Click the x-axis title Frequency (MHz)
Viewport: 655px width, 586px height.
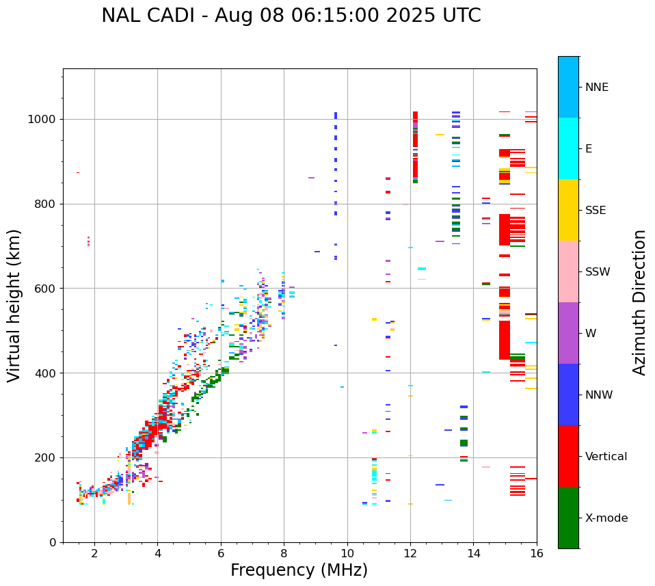point(299,570)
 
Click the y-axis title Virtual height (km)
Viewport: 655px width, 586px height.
point(14,305)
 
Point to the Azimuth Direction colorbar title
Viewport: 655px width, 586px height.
point(639,302)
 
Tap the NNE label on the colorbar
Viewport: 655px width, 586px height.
point(597,88)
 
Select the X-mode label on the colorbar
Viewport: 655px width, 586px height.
point(606,518)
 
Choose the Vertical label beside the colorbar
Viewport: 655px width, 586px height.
point(606,457)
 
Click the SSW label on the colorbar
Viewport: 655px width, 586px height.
point(598,272)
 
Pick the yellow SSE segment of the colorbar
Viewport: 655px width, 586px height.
point(568,210)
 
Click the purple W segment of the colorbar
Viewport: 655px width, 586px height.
point(568,333)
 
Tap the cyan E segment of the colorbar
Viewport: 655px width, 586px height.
point(568,148)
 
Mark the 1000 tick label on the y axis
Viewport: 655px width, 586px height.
point(42,119)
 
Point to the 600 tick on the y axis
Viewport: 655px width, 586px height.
point(45,289)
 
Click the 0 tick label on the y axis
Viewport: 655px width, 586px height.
point(53,542)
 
